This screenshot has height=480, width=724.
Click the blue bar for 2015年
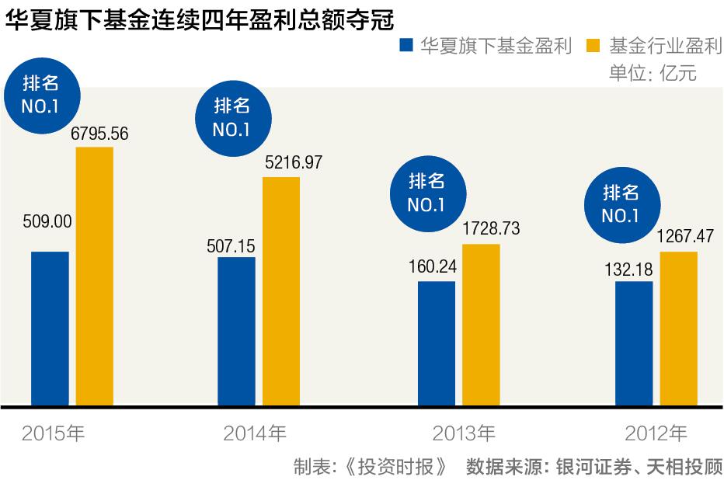tap(50, 328)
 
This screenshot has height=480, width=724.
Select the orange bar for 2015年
tap(94, 276)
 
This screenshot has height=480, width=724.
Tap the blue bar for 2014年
tap(236, 331)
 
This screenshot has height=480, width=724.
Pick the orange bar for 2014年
tap(280, 291)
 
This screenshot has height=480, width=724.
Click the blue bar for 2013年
tap(437, 343)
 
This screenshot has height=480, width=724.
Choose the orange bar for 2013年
tap(481, 325)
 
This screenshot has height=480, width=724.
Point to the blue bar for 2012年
tap(634, 343)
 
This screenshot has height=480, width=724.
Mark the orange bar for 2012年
tap(678, 329)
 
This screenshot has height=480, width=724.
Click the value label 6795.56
tap(99, 134)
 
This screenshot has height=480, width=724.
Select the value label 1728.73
tap(490, 229)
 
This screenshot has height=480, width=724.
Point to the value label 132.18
tap(628, 270)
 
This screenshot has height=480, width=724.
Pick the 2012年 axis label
tap(656, 433)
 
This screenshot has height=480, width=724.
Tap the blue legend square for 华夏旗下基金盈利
tap(406, 46)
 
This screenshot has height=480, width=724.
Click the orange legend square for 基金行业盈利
tap(595, 46)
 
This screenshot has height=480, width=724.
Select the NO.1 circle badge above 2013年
tap(426, 193)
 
